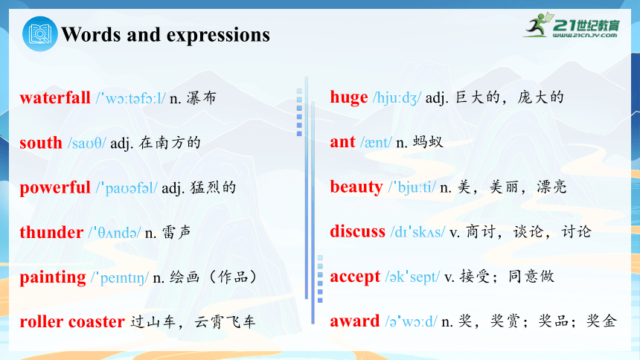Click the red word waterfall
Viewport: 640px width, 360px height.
pyautogui.click(x=55, y=98)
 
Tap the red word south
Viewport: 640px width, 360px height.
pyautogui.click(x=41, y=143)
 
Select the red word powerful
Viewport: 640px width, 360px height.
pyautogui.click(x=55, y=188)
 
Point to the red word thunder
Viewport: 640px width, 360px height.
pyautogui.click(x=51, y=232)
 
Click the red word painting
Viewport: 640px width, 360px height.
pyautogui.click(x=53, y=277)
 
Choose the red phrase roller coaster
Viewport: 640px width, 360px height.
pyautogui.click(x=72, y=321)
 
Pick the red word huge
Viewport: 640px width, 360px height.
pyautogui.click(x=349, y=97)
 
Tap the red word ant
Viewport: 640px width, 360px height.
pyautogui.click(x=343, y=142)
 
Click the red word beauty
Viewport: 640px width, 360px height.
pyautogui.click(x=356, y=187)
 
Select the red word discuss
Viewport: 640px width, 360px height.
pyautogui.click(x=357, y=231)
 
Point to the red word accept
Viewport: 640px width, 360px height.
pyautogui.click(x=355, y=277)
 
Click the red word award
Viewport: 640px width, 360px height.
pyautogui.click(x=355, y=321)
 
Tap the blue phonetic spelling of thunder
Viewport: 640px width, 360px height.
pyautogui.click(x=115, y=233)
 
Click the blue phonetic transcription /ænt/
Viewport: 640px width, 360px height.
pyautogui.click(x=376, y=143)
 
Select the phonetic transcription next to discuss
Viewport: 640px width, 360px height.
pyautogui.click(x=417, y=232)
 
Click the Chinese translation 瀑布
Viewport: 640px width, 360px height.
pyautogui.click(x=202, y=98)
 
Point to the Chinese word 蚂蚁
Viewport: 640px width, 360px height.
pyautogui.click(x=428, y=142)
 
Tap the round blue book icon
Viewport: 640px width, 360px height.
pyautogui.click(x=40, y=34)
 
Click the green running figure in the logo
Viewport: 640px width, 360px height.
pyautogui.click(x=538, y=25)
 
